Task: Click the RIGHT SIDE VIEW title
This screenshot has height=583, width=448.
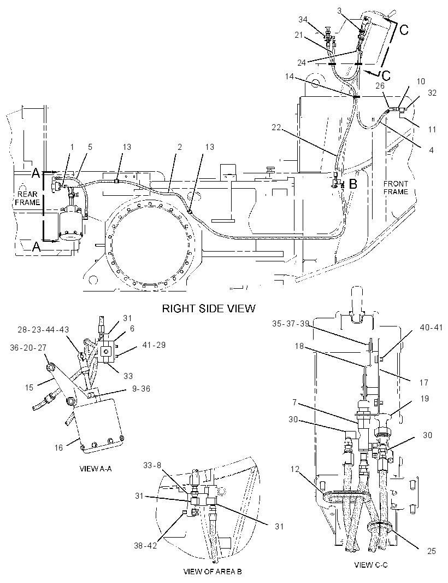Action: pos(209,308)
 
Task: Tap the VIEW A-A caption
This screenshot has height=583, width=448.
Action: pos(96,469)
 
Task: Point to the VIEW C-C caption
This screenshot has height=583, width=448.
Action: pos(371,565)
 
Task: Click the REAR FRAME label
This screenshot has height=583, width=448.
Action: pos(28,198)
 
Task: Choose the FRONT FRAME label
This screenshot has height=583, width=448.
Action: pos(396,188)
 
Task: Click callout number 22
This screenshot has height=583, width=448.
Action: pos(276,127)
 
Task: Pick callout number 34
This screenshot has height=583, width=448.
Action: pos(303,20)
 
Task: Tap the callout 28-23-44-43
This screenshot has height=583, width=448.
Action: pos(43,330)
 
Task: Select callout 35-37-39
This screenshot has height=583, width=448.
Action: pos(291,323)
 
